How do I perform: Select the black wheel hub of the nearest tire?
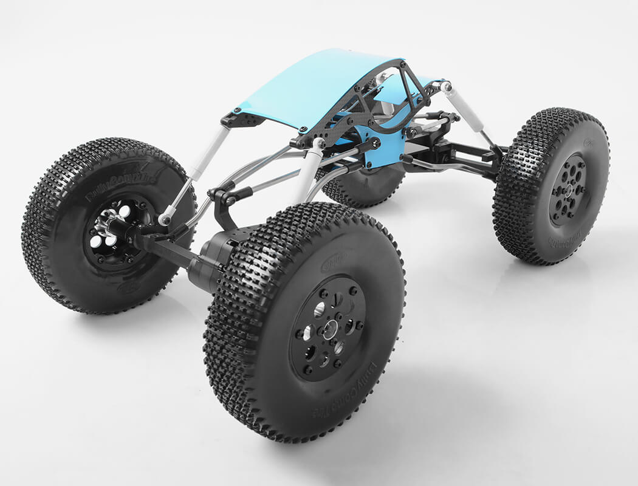point(328,328)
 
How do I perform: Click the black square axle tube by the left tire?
point(164,249)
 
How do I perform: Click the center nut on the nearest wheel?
point(329,330)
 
